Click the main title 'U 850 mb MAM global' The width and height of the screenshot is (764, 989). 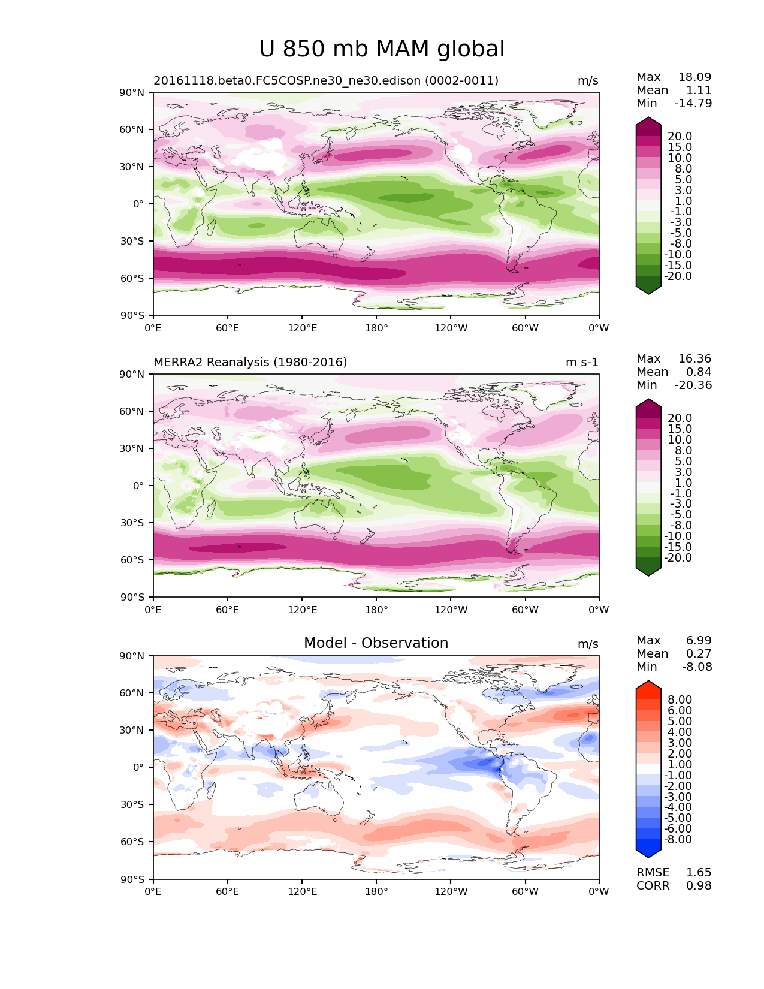tap(382, 49)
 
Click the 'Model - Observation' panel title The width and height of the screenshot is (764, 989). tap(376, 643)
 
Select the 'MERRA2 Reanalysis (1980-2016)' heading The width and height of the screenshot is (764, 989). tap(250, 362)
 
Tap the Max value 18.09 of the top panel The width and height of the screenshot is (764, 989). tap(694, 77)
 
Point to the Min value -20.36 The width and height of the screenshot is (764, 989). tap(693, 385)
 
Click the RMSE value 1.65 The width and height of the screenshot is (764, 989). tap(699, 872)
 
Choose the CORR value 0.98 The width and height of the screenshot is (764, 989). tap(699, 885)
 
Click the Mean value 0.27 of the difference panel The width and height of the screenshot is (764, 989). tap(699, 653)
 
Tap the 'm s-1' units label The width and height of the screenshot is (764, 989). tap(581, 362)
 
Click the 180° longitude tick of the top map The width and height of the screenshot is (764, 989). tap(376, 328)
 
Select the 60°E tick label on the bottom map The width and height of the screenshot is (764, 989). tap(227, 891)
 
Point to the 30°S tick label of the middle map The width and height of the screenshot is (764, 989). tap(132, 523)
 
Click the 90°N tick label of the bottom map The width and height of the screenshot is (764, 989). tap(132, 656)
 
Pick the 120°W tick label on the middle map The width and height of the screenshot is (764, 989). tap(451, 610)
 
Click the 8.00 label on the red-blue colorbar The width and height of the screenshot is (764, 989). tap(680, 699)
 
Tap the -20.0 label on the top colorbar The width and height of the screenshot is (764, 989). tap(678, 276)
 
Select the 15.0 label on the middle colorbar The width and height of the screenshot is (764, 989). tap(680, 429)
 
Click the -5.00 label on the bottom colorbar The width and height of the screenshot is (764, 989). tap(678, 818)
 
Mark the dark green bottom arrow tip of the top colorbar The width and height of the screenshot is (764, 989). tap(648, 294)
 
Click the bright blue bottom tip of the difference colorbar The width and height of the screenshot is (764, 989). tap(648, 857)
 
